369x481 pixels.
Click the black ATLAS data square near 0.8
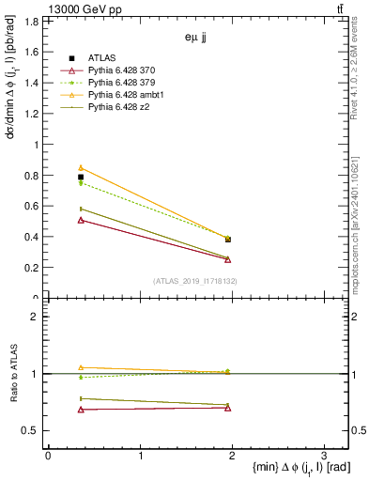coord(81,177)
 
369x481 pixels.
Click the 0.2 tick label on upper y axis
coord(34,268)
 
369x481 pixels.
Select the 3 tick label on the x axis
coord(323,456)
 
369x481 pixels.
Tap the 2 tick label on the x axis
coord(231,456)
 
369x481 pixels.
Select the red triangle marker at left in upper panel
coord(81,220)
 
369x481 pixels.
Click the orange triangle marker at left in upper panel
coord(81,167)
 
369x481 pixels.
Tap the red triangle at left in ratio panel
coord(81,410)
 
